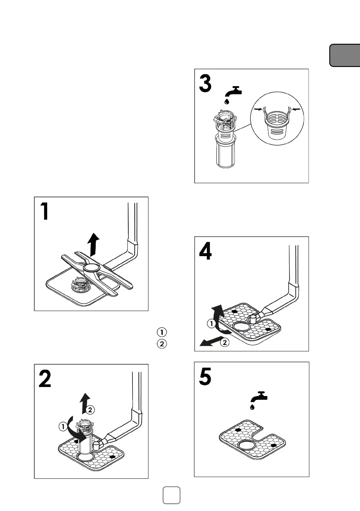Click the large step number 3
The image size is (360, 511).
206,83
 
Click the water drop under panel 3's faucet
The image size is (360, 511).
226,101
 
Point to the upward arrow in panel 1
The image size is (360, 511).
92,245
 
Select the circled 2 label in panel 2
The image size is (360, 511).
90,410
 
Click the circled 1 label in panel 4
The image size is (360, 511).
211,324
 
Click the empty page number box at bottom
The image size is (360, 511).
172,495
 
